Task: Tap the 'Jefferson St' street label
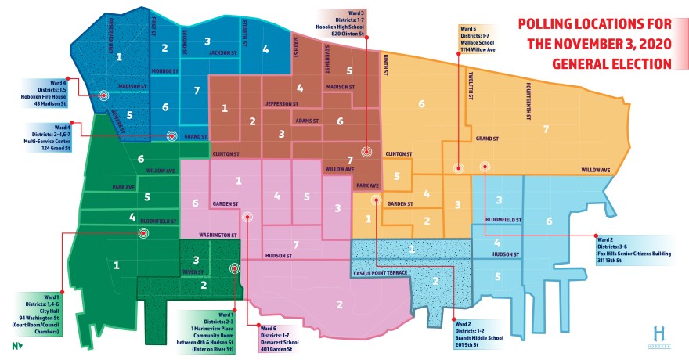pyautogui.click(x=282, y=103)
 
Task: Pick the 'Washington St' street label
pyautogui.click(x=218, y=235)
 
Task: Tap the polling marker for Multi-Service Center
pyautogui.click(x=171, y=135)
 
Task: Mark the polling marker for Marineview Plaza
pyautogui.click(x=234, y=268)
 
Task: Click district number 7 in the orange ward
pyautogui.click(x=547, y=128)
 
